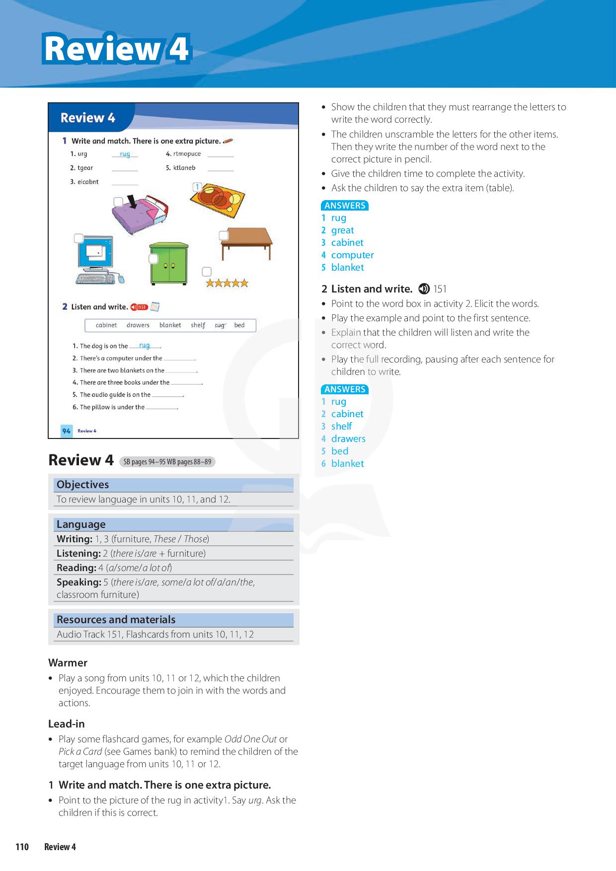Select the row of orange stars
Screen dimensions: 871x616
(x=227, y=283)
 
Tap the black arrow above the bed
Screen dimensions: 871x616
(x=133, y=202)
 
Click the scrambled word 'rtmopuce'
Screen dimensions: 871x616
(x=187, y=154)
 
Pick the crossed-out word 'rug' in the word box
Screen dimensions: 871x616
(x=220, y=325)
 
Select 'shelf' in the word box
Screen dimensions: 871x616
(x=198, y=325)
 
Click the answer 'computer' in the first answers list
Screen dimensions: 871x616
(x=352, y=255)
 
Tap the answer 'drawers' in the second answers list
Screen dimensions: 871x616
(x=348, y=438)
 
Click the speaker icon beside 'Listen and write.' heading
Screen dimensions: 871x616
(x=424, y=289)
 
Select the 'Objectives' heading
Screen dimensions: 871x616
(x=82, y=485)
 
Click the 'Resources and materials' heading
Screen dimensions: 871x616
(x=116, y=620)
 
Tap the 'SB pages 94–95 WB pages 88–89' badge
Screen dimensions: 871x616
(x=167, y=462)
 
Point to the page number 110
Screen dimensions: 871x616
(x=22, y=847)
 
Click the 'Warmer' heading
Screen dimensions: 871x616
(x=68, y=663)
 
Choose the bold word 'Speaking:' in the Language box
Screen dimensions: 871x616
(x=78, y=582)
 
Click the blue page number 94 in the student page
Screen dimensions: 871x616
(x=66, y=431)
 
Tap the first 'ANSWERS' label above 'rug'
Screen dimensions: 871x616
(x=345, y=206)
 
